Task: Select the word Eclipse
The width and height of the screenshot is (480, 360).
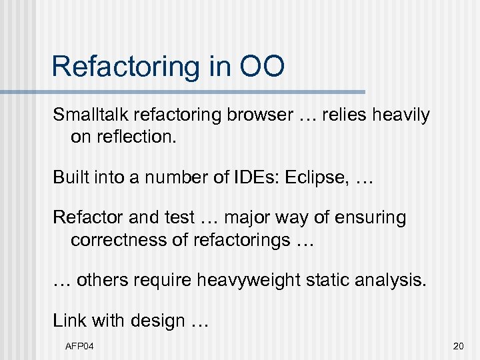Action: click(315, 178)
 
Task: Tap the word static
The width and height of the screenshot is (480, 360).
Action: click(326, 280)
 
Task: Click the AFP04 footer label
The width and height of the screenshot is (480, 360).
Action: click(79, 346)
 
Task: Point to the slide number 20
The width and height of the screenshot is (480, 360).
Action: click(457, 346)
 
